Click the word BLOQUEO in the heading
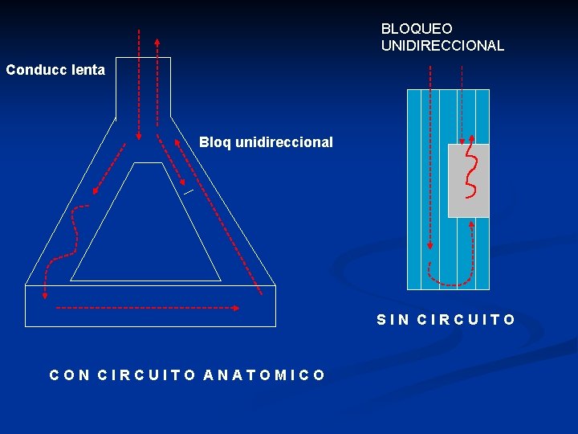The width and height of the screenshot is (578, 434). (x=417, y=29)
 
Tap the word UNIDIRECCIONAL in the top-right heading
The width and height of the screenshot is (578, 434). (x=442, y=46)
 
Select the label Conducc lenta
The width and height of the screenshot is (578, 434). (x=55, y=70)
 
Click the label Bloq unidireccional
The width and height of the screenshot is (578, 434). (x=266, y=142)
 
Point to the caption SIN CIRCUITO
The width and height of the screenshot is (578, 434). (x=446, y=320)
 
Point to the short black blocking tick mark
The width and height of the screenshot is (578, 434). (x=188, y=192)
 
